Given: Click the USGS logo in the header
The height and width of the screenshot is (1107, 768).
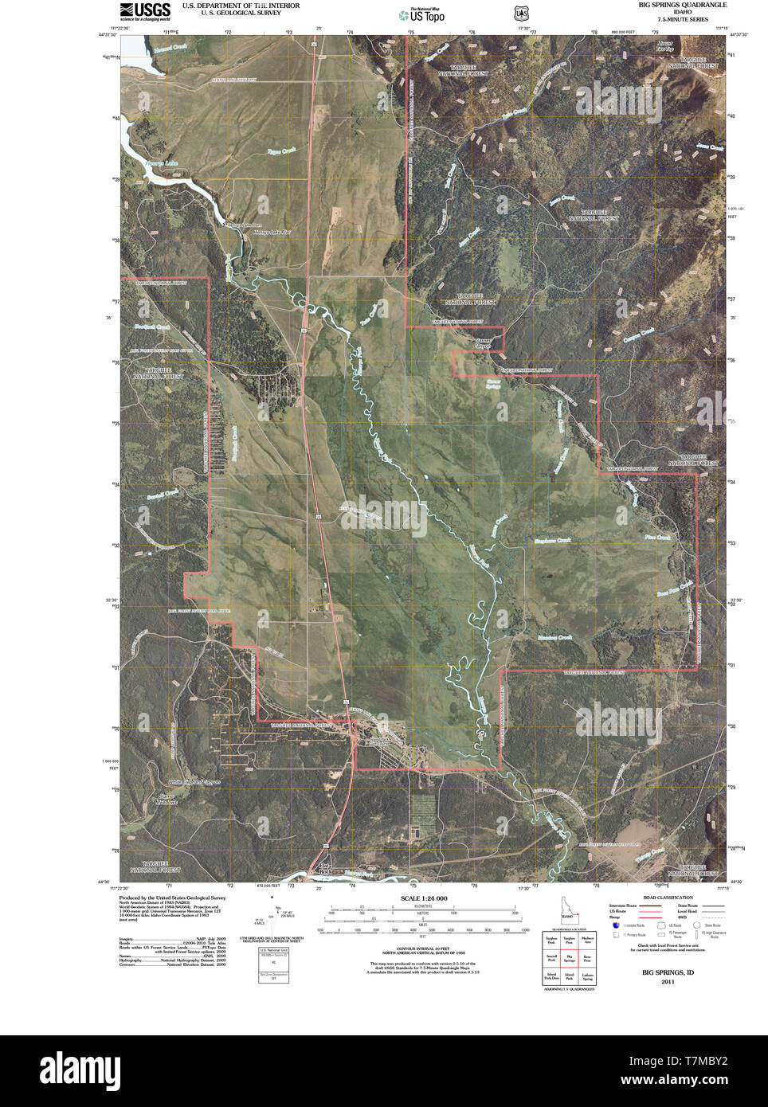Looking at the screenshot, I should click(145, 10).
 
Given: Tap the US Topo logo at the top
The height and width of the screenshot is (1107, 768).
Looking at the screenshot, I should click(422, 14).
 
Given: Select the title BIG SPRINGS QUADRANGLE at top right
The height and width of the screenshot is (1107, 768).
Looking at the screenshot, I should click(682, 5).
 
